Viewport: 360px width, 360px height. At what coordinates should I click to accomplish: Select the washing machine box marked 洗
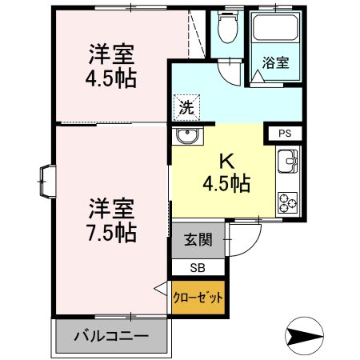click(183, 105)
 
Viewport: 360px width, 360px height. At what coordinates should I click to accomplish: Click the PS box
click(285, 134)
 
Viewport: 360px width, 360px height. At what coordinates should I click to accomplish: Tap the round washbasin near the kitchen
click(188, 136)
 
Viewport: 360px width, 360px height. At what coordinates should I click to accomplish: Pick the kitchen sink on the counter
click(287, 165)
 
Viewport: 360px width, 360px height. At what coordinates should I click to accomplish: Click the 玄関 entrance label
click(198, 240)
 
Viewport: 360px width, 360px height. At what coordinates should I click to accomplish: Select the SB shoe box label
click(198, 268)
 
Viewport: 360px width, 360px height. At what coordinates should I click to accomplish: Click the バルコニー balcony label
click(111, 335)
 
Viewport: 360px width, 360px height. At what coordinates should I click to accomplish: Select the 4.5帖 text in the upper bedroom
click(112, 79)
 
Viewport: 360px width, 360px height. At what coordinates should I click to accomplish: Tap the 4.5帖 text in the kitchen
click(226, 183)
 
